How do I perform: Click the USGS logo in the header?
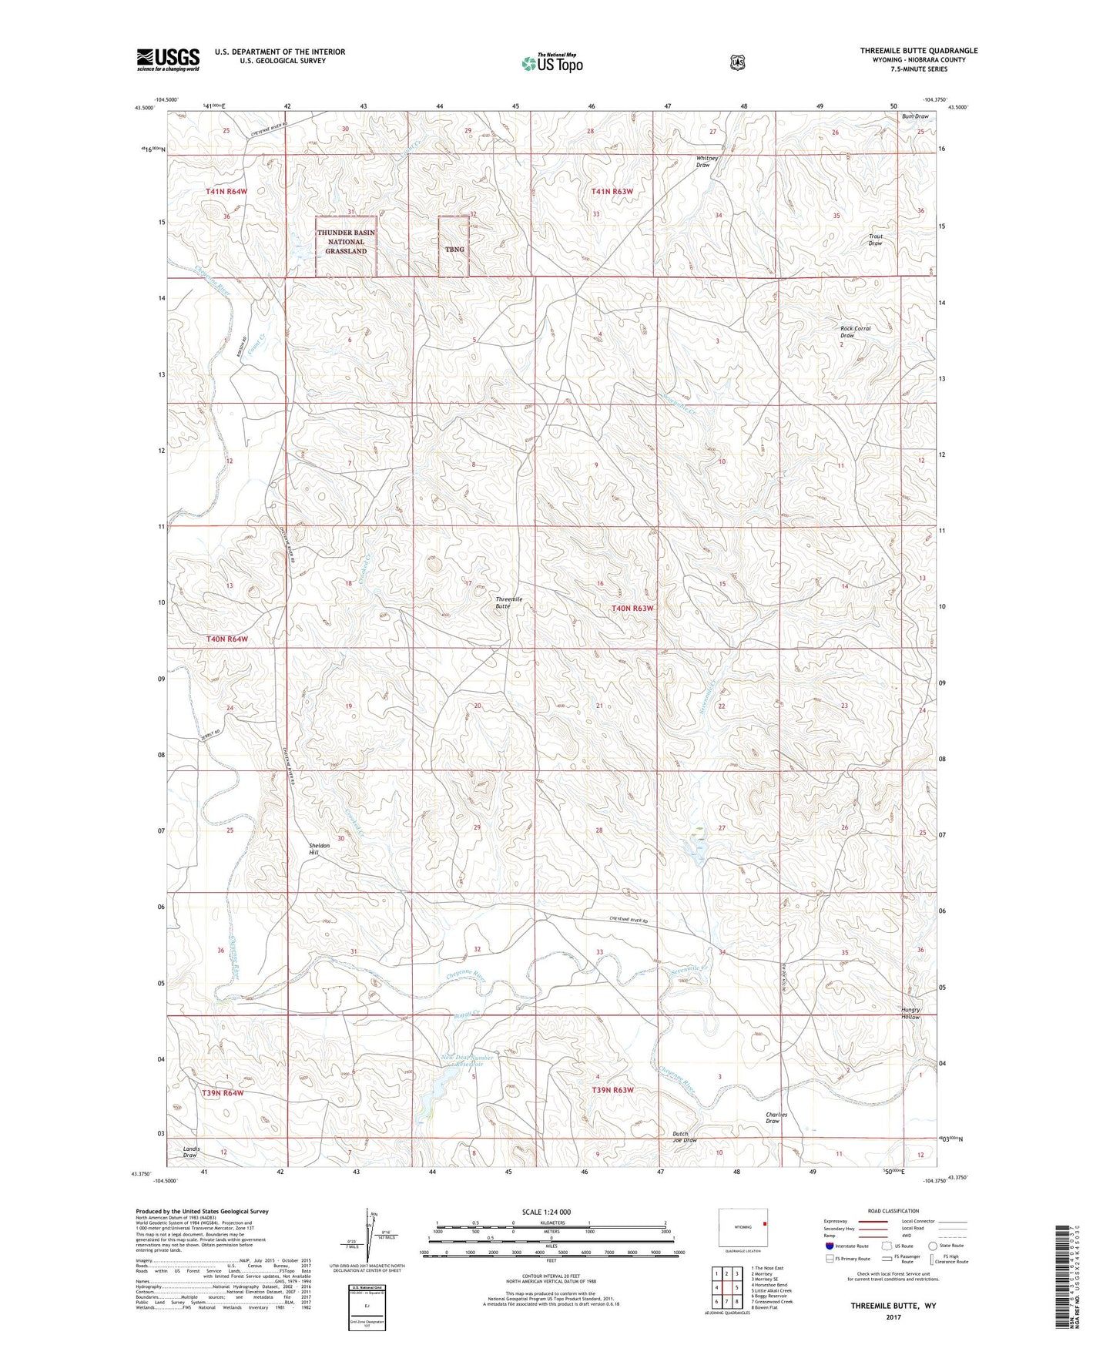click(x=168, y=59)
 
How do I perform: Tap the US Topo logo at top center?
click(x=551, y=62)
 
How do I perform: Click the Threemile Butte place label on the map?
click(x=508, y=602)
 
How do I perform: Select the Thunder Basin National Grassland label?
click(x=346, y=242)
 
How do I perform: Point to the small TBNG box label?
click(x=454, y=250)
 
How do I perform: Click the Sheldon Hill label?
click(x=319, y=849)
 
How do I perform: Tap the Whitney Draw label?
click(x=706, y=162)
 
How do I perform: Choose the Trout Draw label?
click(x=875, y=240)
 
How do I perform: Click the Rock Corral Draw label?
click(x=854, y=332)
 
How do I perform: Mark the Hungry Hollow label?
click(x=910, y=1014)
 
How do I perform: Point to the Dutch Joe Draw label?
click(x=684, y=1137)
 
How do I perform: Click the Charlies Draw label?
click(x=776, y=1118)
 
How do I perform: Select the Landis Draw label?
click(x=190, y=1152)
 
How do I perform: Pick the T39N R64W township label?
click(x=223, y=1093)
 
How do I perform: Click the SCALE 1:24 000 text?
click(x=546, y=1212)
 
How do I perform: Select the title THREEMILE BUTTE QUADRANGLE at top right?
click(x=919, y=51)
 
